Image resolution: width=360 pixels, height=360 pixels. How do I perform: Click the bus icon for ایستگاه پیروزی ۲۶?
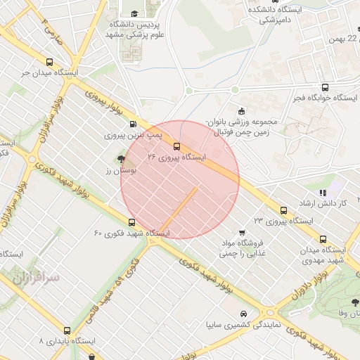(176, 146)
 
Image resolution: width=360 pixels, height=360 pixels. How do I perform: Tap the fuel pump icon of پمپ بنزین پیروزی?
(134, 123)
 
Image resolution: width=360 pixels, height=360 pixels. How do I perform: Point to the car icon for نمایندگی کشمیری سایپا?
(243, 314)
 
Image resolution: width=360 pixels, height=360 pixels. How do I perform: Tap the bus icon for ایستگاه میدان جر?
(49, 61)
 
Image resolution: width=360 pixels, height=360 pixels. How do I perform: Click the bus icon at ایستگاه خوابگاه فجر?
(324, 88)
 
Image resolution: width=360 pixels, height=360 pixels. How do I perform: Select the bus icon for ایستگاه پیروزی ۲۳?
(283, 210)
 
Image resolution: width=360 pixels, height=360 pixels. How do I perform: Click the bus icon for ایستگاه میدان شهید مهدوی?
(323, 239)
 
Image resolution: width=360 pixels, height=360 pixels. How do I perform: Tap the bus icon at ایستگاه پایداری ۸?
(67, 330)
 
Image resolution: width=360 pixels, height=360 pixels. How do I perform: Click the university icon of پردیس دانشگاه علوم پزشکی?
(134, 13)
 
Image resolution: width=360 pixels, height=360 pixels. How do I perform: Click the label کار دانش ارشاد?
(344, 203)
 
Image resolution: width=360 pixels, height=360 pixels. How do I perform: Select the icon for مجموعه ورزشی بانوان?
(242, 110)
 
